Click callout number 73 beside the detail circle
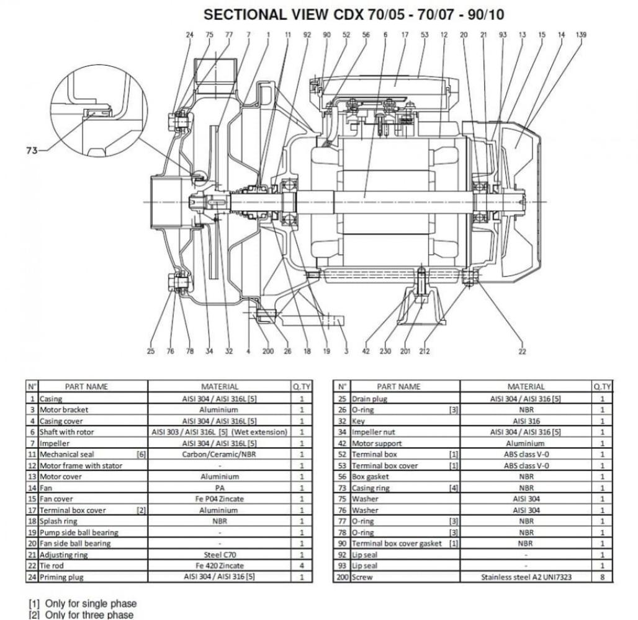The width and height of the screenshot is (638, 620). (x=31, y=151)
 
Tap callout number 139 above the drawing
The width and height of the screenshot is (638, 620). (x=580, y=35)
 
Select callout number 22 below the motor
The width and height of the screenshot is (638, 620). (x=522, y=352)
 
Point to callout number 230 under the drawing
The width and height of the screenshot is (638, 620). (x=385, y=352)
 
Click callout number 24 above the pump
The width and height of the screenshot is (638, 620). (x=190, y=35)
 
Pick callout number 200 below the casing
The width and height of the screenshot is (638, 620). (x=267, y=352)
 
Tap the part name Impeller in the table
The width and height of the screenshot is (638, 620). (x=55, y=443)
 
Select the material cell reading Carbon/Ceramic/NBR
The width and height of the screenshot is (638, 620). (x=220, y=454)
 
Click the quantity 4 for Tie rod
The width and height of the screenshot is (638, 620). (x=302, y=565)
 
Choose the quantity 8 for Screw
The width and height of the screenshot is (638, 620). (x=602, y=577)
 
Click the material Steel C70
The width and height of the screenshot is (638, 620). (x=220, y=554)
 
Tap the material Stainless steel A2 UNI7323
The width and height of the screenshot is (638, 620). (x=526, y=577)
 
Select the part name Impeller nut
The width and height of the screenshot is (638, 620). (x=373, y=432)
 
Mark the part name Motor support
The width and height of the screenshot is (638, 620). (x=377, y=443)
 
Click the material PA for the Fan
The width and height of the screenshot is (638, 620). (x=220, y=488)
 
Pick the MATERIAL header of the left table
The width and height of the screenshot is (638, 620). (x=220, y=386)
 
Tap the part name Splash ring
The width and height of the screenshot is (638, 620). (x=59, y=521)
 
